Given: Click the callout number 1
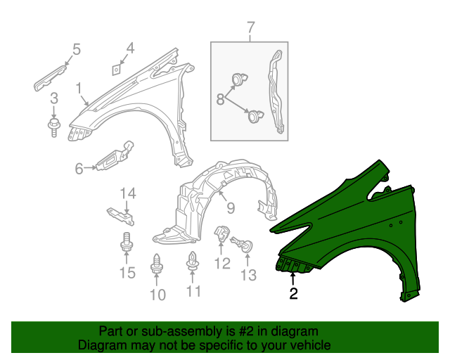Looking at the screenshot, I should click(x=79, y=89).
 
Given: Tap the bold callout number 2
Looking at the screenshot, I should click(x=293, y=294).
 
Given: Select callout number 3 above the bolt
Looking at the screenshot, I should click(x=53, y=106).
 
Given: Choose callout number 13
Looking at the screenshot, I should click(x=249, y=275).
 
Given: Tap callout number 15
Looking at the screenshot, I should click(x=127, y=273).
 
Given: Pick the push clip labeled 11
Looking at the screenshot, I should click(x=193, y=262).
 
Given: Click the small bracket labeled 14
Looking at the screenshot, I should click(x=120, y=214).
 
